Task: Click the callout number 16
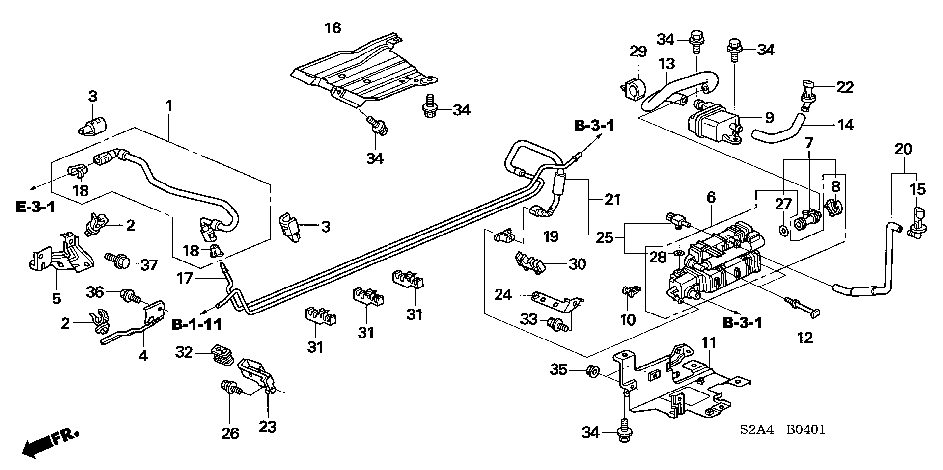(x=333, y=28)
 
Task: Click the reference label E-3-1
(x=35, y=207)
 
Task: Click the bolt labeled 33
(x=559, y=323)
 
